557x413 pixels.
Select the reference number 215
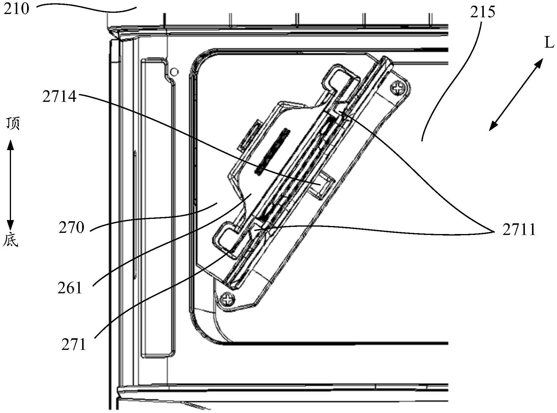483,12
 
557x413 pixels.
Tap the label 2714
59,97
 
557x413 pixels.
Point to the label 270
71,228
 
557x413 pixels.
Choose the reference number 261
70,288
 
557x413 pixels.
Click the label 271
73,345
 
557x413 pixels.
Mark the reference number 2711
519,230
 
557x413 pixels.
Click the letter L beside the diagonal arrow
549,43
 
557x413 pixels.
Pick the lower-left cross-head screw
228,299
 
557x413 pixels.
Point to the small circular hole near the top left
175,71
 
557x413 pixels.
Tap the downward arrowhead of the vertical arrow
11,225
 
